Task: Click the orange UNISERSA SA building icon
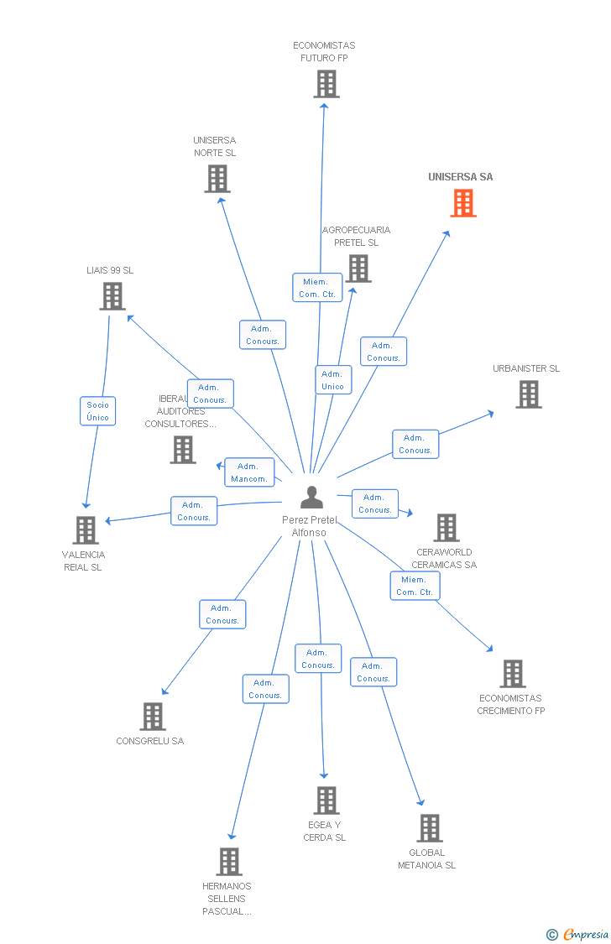click(463, 203)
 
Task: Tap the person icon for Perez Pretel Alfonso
click(311, 498)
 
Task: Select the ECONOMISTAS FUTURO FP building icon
click(326, 84)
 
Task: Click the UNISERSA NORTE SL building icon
click(217, 179)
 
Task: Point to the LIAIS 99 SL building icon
click(112, 296)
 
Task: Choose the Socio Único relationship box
click(97, 411)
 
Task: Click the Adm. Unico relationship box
click(333, 380)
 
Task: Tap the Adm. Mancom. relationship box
click(249, 472)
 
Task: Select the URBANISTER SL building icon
click(528, 394)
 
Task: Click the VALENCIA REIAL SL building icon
click(86, 530)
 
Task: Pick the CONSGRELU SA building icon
click(153, 717)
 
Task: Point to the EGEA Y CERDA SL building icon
click(326, 801)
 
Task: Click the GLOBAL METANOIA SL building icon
click(430, 828)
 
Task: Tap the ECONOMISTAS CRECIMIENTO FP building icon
click(513, 674)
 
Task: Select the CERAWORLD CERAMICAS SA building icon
click(446, 528)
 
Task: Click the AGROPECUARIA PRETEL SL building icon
click(359, 269)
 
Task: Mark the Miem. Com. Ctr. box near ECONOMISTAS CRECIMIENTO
click(415, 586)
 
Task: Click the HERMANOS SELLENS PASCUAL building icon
click(229, 862)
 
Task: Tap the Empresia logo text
click(586, 934)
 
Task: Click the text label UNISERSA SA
click(461, 177)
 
